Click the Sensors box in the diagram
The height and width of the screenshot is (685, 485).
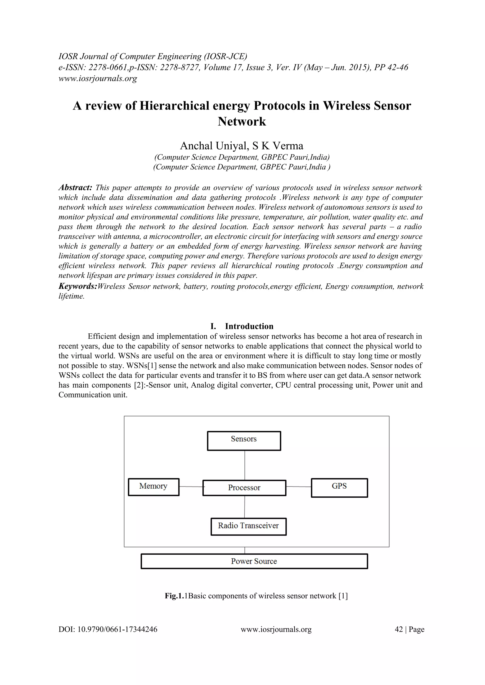point(244,440)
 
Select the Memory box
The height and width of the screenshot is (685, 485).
point(153,487)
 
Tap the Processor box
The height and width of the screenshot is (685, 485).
point(244,488)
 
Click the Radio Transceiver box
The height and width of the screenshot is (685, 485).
point(248,526)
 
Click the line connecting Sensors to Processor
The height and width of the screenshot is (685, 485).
point(245,465)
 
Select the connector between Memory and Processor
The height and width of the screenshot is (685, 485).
point(191,487)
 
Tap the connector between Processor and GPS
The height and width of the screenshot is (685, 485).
point(298,487)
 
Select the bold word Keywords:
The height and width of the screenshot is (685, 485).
point(78,286)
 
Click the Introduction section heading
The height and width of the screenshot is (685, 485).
point(249,326)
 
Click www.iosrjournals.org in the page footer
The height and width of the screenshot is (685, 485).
point(276,629)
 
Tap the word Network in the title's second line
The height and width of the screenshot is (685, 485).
point(242,122)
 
